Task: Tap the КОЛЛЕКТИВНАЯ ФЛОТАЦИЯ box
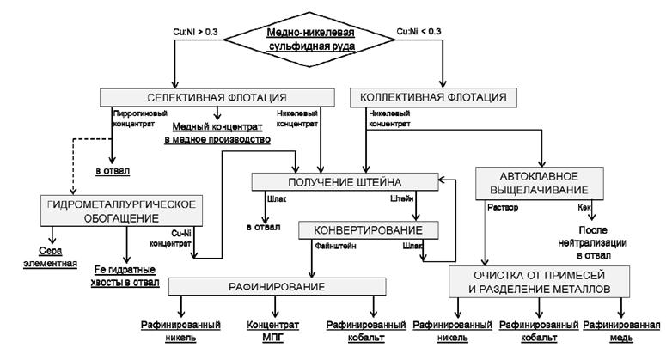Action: tap(435, 96)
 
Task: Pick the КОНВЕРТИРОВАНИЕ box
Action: tap(369, 230)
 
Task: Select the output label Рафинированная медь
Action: tap(618, 332)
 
